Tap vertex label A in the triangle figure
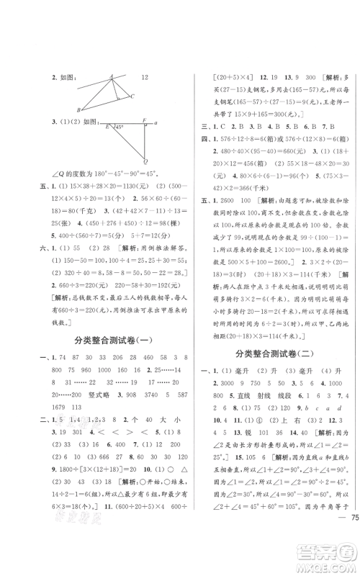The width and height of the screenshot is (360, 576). click(113, 75)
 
